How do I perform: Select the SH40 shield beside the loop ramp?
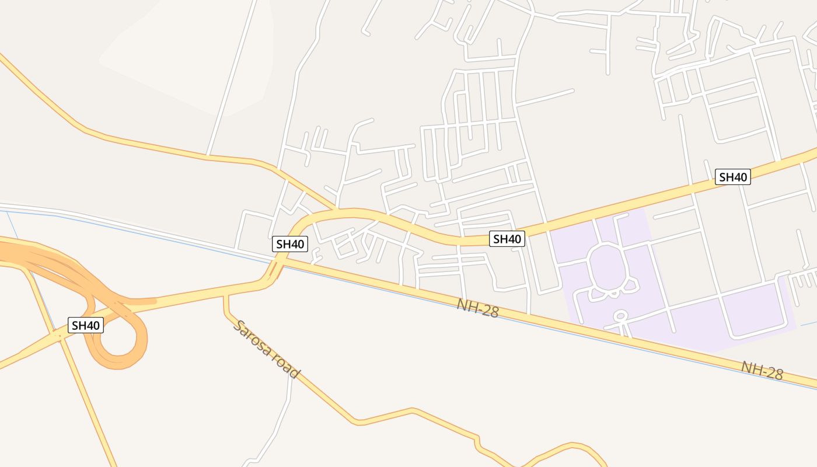[86, 325]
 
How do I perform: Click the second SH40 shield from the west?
[290, 244]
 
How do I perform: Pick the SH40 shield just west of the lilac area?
[507, 238]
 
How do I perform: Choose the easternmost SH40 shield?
[732, 177]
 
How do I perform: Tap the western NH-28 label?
[477, 308]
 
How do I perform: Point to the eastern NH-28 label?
[762, 370]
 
